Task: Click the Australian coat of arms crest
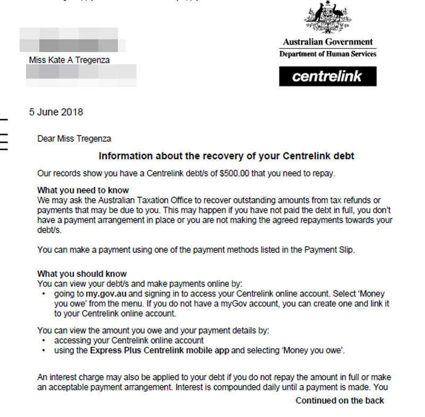pos(328,18)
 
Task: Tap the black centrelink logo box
pos(328,76)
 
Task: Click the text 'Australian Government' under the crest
pos(328,42)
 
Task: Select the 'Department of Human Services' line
pos(328,54)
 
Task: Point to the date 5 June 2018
pos(56,112)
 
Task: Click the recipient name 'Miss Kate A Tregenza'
pos(69,60)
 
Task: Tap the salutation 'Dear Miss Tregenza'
pos(74,139)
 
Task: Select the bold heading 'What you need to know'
pos(83,190)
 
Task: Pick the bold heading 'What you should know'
pos(82,274)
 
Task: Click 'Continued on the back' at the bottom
pos(339,401)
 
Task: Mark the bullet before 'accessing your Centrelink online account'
pos(42,341)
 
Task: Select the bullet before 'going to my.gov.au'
pos(42,294)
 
